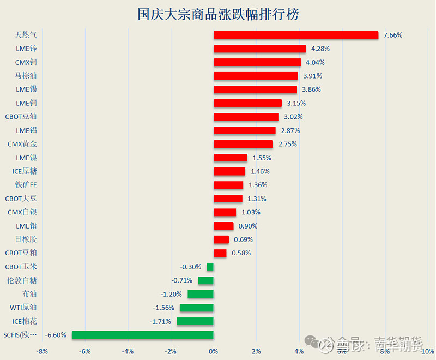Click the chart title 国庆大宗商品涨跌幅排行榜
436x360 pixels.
click(218, 14)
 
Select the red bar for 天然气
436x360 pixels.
click(296, 35)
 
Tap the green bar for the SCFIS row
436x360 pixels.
click(143, 335)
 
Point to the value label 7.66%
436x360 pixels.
click(393, 35)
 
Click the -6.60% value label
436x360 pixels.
click(56, 335)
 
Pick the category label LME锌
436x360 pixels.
click(26, 49)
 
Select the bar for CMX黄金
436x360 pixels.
click(243, 144)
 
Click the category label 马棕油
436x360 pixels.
click(26, 76)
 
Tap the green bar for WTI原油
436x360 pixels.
click(197, 308)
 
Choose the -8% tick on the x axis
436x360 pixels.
click(42, 351)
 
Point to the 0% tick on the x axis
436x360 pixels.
click(214, 351)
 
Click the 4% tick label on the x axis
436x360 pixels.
click(299, 351)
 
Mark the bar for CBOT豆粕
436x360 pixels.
click(220, 253)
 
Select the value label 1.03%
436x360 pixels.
click(251, 212)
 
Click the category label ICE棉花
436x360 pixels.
click(25, 321)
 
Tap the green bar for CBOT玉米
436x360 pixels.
click(210, 267)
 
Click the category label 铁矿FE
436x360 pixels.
click(26, 185)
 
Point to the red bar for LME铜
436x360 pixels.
click(248, 103)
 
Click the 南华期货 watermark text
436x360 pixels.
click(398, 344)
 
